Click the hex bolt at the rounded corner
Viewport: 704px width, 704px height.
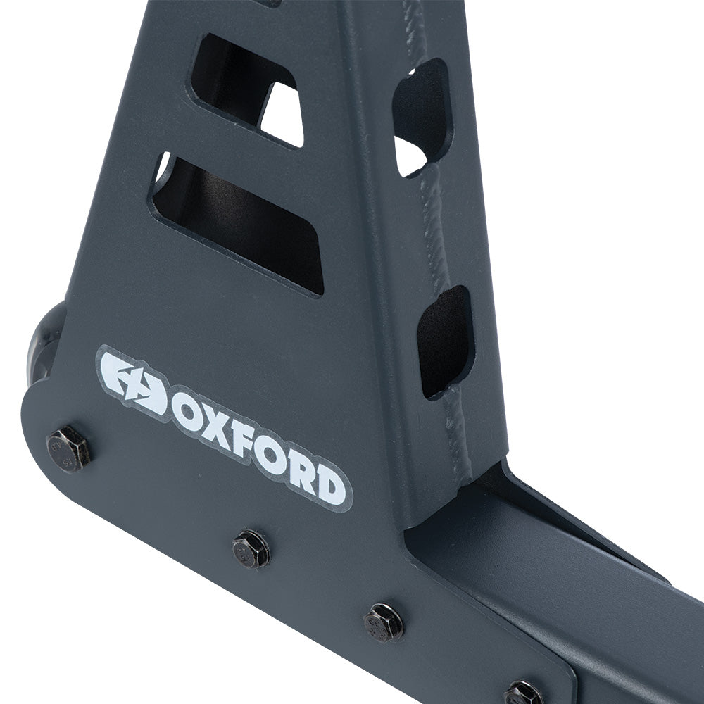click(68, 448)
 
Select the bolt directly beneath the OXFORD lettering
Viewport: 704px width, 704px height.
click(251, 548)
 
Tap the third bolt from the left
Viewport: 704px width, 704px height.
click(384, 622)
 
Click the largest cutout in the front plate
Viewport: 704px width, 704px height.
click(239, 222)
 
